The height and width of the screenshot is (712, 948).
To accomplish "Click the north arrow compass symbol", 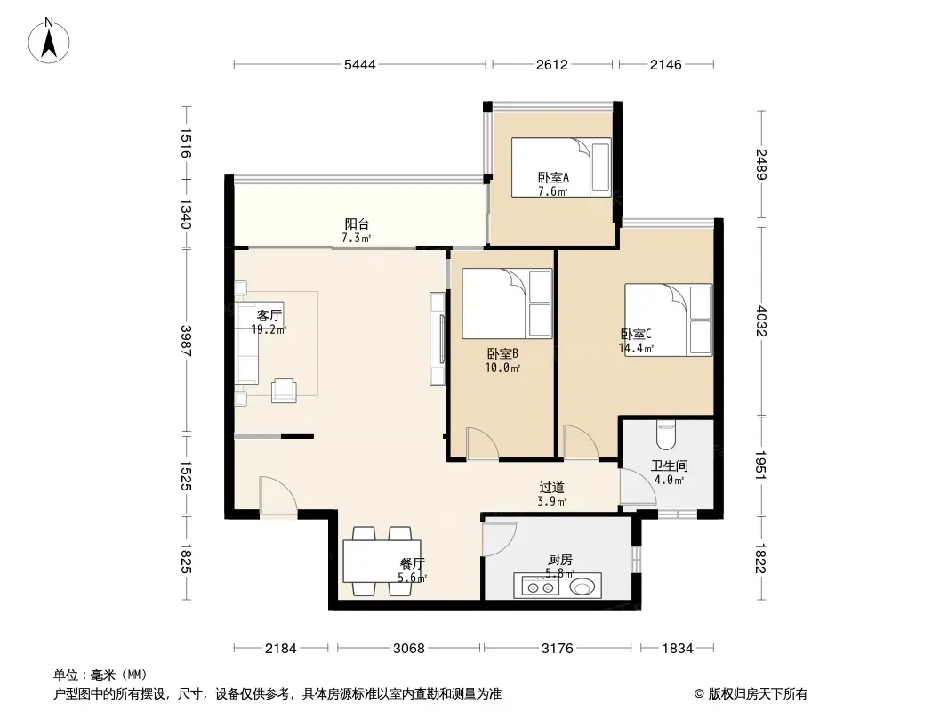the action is tap(49, 41).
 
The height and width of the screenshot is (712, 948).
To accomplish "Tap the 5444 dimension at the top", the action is tap(360, 64).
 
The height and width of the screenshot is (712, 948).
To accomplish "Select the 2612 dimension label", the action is tap(552, 64).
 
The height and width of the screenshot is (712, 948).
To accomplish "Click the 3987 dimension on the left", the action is tap(186, 341).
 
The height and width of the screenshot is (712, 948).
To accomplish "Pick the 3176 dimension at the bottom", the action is tap(557, 649).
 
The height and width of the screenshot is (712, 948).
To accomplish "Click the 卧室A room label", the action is tap(553, 177).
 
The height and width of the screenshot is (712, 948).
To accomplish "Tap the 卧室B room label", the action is tap(502, 353).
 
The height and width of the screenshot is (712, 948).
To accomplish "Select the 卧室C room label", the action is tap(636, 334).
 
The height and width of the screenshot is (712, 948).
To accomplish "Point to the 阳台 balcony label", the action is tap(357, 223).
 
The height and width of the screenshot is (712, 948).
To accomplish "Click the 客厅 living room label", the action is tap(269, 315).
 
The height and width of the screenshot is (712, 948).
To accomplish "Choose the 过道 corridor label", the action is tap(552, 487).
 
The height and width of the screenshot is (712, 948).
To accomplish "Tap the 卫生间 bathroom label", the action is tap(670, 465).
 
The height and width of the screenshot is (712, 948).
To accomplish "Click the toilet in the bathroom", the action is tap(666, 435).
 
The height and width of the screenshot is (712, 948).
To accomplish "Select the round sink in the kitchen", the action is tap(582, 587).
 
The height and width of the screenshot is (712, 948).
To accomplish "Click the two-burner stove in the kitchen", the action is tap(541, 587).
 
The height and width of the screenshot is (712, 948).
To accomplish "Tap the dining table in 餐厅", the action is tap(382, 562).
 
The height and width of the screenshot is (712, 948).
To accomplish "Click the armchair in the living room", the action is tap(285, 390).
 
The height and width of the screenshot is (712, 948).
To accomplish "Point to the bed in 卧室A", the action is tap(561, 167).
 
